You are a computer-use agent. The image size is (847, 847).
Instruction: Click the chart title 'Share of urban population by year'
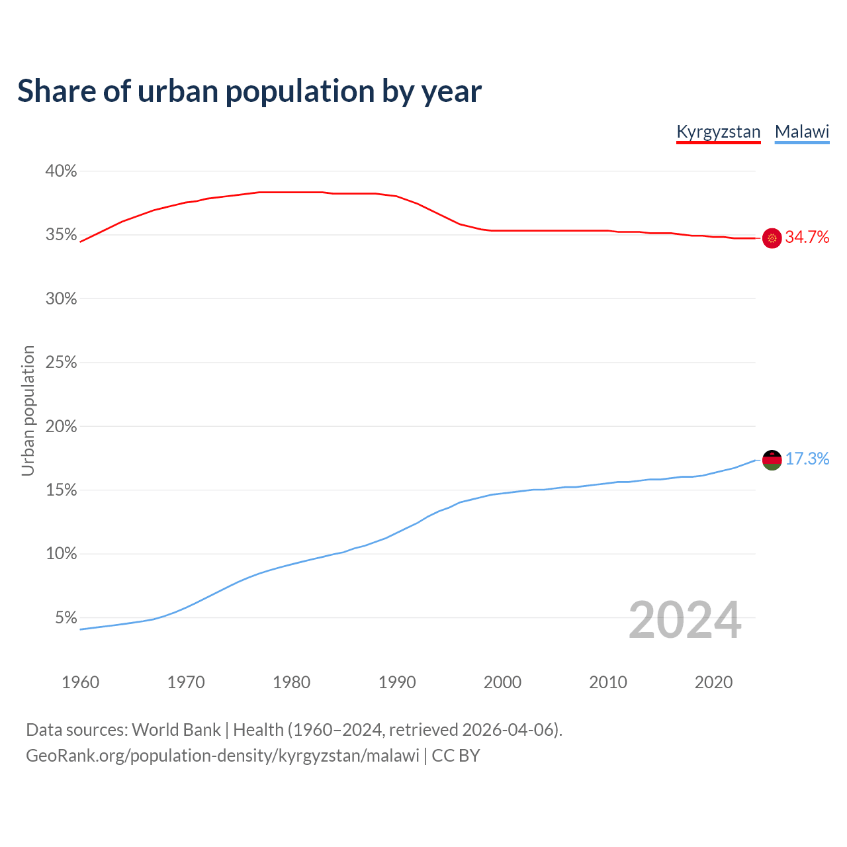(249, 91)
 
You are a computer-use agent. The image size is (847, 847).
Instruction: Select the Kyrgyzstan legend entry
(718, 132)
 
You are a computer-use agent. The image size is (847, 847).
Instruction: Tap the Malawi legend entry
(802, 132)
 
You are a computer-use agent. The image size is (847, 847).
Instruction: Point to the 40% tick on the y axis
(61, 171)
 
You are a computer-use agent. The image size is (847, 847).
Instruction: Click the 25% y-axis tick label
(61, 363)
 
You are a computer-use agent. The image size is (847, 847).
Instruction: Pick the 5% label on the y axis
(66, 617)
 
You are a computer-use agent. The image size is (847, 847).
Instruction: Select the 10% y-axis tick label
(61, 554)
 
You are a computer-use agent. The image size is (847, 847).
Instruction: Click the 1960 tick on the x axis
(80, 682)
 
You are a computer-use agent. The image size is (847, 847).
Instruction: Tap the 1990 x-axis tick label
(397, 682)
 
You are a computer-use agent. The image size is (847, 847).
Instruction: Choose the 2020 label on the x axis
(713, 682)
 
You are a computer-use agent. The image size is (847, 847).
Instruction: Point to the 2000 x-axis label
(502, 682)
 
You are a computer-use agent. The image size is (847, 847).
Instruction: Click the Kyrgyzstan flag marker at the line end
(772, 238)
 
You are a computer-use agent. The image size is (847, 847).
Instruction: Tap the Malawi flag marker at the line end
(772, 459)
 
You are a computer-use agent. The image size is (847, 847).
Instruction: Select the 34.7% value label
(807, 238)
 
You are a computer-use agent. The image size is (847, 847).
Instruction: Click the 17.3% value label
(807, 459)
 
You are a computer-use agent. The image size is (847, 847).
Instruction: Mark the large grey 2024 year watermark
(685, 620)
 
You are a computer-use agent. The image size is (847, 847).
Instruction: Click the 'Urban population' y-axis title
(28, 410)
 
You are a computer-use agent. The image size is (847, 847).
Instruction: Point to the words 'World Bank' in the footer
(176, 730)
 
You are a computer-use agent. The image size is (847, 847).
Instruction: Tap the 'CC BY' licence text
(456, 756)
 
